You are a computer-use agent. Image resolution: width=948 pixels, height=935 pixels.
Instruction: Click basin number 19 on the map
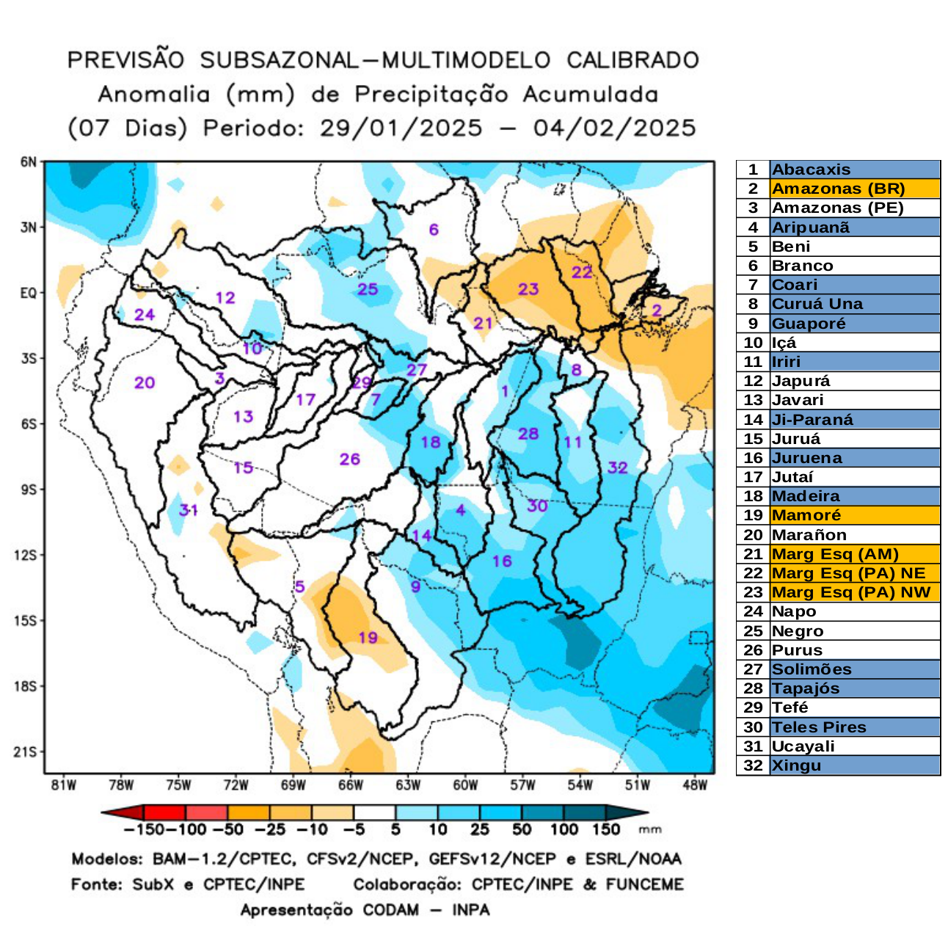[368, 637]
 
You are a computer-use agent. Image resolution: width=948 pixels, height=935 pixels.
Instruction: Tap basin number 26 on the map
[349, 459]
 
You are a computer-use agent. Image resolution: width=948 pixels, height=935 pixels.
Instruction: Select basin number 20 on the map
[145, 382]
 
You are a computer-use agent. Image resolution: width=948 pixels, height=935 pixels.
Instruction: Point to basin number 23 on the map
[528, 288]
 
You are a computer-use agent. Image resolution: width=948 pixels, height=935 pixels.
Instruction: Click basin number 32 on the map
[617, 467]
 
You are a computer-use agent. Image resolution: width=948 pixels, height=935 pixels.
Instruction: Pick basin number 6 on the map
[434, 230]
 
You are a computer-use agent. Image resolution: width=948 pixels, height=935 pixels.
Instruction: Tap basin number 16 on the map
[502, 561]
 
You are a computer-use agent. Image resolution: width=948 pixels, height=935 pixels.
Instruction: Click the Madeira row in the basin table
[806, 496]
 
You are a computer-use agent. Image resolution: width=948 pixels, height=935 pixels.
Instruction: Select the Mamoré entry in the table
[806, 515]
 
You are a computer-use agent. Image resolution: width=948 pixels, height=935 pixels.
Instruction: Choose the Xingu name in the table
[796, 765]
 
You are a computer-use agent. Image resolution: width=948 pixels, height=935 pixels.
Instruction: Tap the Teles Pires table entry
[819, 727]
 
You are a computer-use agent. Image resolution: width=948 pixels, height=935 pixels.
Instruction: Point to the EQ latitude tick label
[29, 294]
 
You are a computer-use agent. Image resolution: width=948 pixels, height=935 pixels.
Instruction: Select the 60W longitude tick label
[465, 785]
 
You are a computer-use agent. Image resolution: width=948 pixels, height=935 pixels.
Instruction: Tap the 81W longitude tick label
[64, 785]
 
